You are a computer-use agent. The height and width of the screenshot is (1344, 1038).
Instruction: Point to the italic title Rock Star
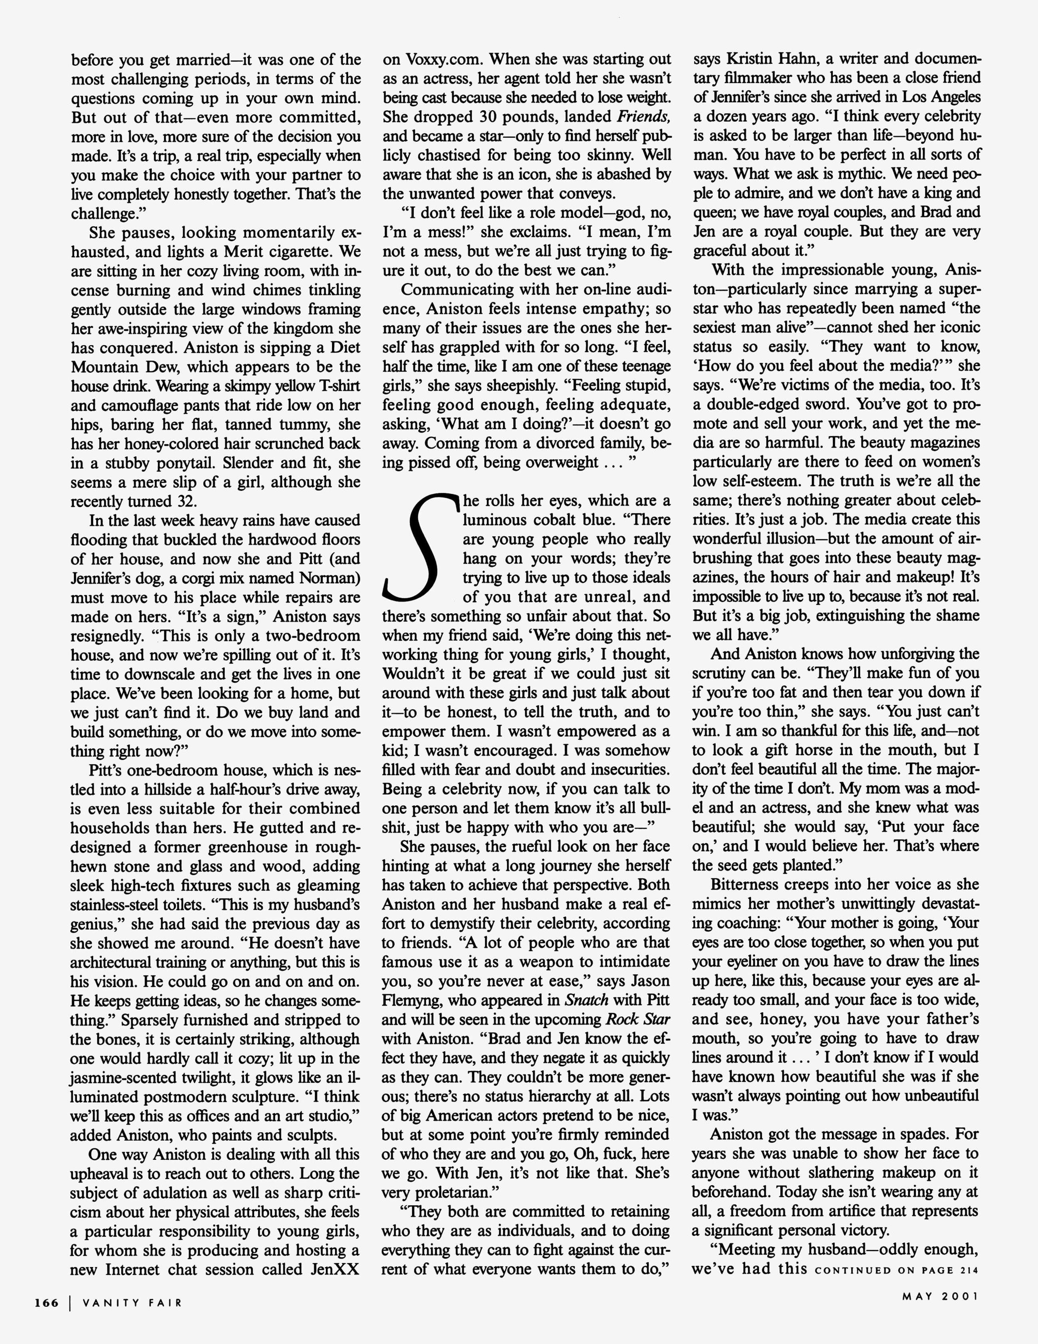click(x=637, y=1019)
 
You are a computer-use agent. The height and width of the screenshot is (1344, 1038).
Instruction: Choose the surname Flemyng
click(x=412, y=1000)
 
